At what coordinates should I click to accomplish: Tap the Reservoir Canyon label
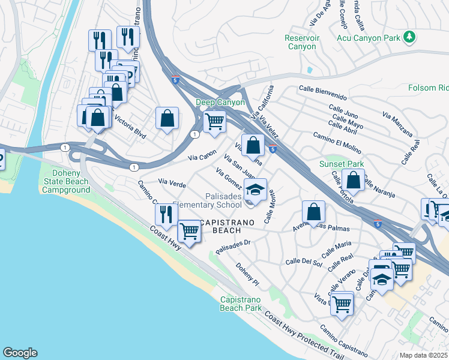[300, 42]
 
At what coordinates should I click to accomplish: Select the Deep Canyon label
[220, 103]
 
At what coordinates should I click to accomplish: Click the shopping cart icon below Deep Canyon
[214, 121]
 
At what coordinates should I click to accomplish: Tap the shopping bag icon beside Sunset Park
[354, 179]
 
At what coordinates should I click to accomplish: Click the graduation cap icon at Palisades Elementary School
[255, 191]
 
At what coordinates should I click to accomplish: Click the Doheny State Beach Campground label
[66, 181]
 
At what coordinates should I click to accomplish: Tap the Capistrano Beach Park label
[241, 304]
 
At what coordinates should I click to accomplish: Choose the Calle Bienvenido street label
[322, 95]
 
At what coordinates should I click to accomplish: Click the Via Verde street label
[172, 181]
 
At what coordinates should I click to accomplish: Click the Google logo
[20, 353]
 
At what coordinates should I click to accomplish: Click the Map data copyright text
[424, 355]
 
